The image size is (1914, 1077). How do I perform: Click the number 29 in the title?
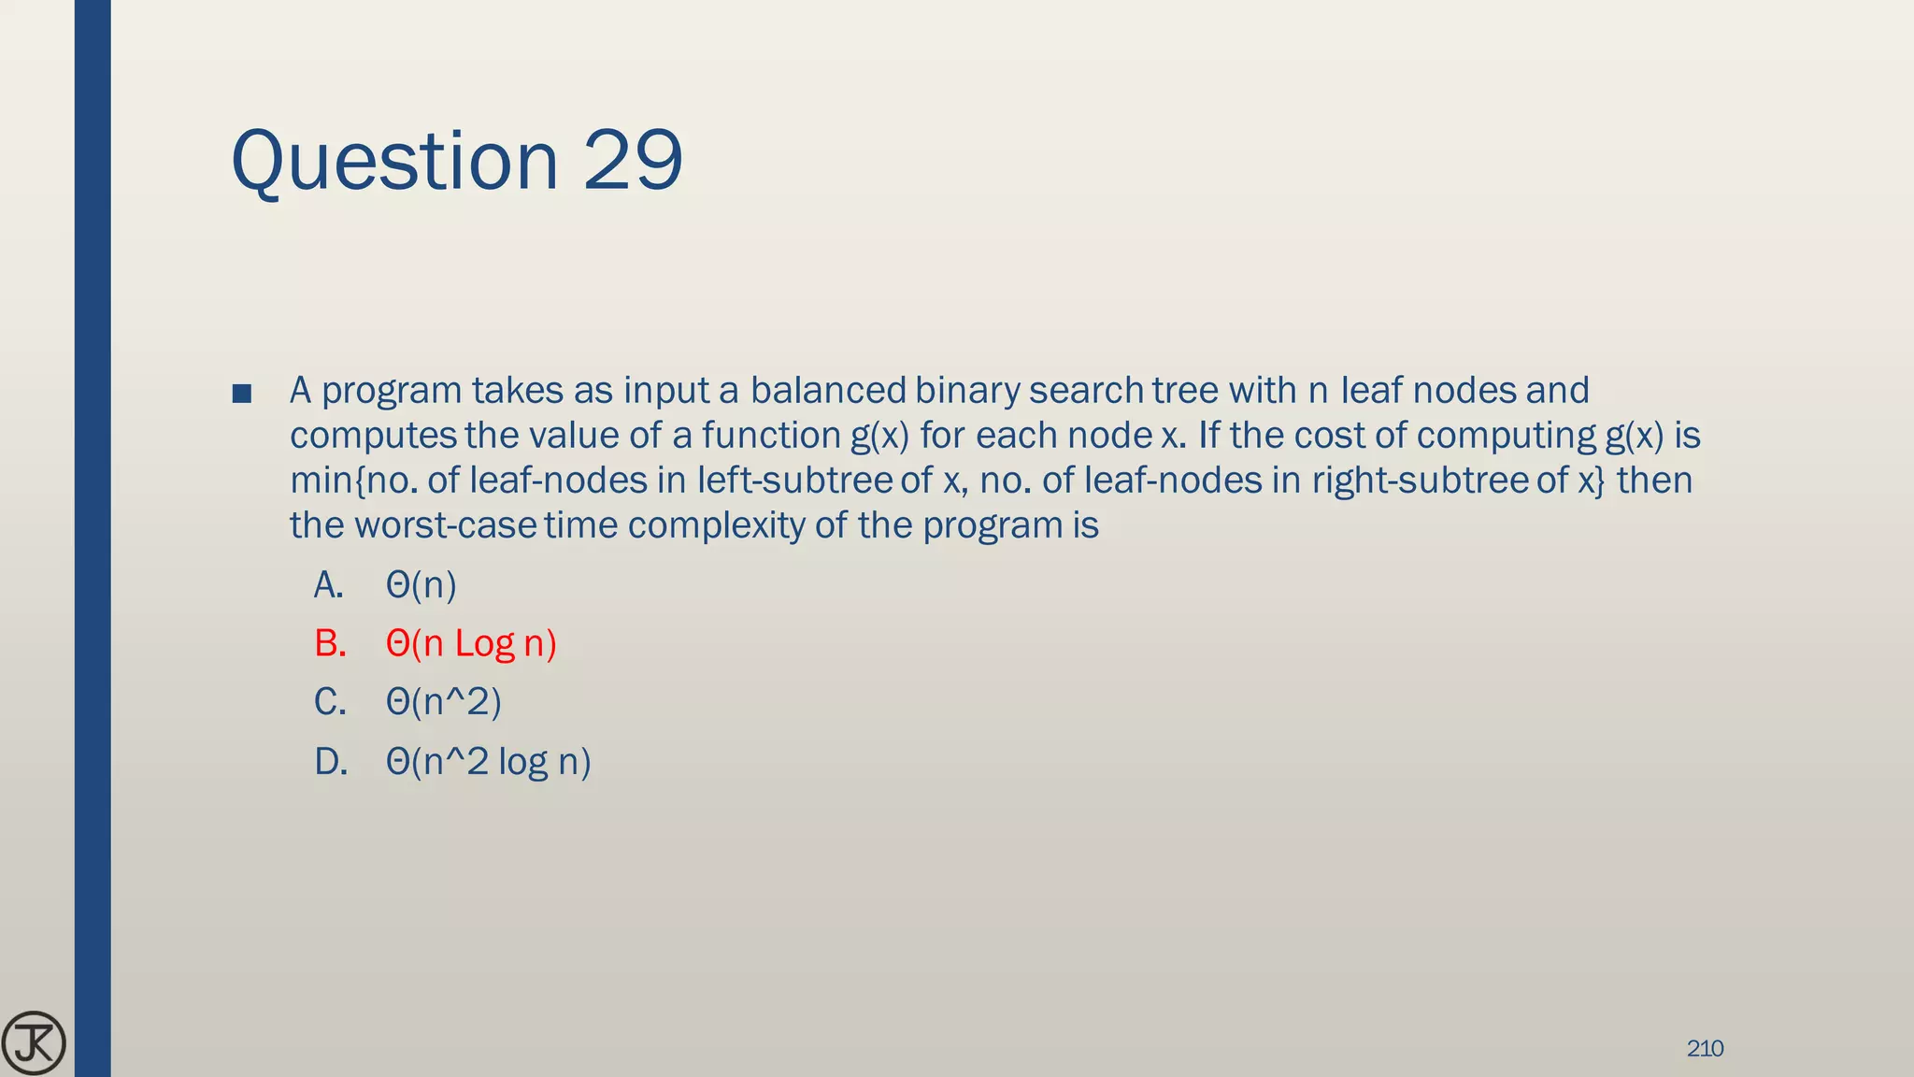(633, 161)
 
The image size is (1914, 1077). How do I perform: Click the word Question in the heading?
(394, 161)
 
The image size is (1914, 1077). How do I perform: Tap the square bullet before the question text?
(242, 394)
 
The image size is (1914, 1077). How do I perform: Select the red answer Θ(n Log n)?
(471, 644)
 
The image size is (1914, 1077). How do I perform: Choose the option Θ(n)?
(421, 585)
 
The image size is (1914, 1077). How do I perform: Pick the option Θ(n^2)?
(444, 702)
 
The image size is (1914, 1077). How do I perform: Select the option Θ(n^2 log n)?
(489, 762)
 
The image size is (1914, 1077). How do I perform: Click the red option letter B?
(330, 644)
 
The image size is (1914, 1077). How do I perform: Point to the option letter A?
(328, 585)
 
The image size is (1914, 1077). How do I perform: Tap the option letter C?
(330, 702)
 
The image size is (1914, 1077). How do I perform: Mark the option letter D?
(331, 762)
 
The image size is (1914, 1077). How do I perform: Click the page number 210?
(1705, 1048)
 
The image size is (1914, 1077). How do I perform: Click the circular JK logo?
(34, 1043)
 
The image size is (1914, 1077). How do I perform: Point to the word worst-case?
(413, 525)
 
